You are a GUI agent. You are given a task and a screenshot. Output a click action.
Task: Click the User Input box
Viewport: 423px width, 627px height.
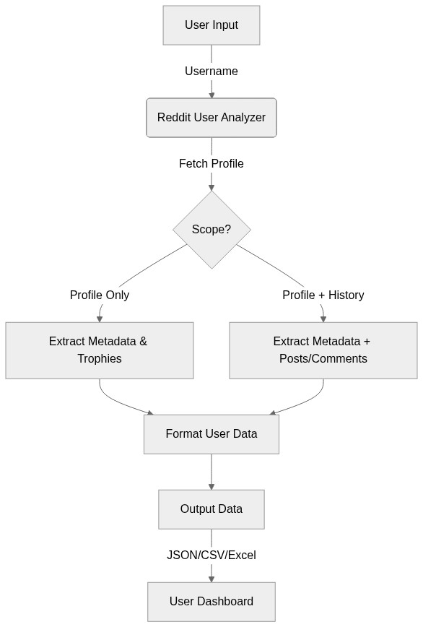211,25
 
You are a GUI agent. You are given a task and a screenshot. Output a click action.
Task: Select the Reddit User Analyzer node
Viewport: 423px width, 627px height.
211,118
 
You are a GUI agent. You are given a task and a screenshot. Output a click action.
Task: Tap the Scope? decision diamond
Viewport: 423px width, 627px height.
211,230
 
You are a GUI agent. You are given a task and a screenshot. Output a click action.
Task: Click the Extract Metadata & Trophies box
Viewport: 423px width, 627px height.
100,350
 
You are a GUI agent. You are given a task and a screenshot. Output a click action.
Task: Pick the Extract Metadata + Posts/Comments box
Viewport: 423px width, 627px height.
323,350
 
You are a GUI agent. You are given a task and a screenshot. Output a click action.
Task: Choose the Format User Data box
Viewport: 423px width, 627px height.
211,434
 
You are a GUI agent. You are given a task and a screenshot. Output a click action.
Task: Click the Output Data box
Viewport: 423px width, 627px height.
211,509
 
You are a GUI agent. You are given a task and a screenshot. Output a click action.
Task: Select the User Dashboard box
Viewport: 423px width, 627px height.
211,602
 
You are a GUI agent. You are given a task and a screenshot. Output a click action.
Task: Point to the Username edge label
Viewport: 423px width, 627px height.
211,72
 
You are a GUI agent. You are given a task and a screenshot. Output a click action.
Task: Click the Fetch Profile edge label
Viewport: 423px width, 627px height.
211,164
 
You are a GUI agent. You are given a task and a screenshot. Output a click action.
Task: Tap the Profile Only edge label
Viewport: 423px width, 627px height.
100,295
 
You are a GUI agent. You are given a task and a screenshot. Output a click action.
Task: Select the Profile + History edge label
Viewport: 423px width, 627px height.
323,295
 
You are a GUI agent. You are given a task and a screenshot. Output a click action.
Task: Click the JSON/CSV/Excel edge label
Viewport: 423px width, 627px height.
211,555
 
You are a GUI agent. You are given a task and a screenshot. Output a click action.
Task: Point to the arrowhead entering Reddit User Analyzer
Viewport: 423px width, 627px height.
211,94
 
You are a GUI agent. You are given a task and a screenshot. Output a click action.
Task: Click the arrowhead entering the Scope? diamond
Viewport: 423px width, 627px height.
211,186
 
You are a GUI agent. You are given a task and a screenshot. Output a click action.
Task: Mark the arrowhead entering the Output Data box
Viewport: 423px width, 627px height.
211,485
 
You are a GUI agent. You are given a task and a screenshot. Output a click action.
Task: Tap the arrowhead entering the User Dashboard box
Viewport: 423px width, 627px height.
211,578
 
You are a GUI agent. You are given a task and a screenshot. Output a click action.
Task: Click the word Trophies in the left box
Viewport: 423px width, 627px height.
100,359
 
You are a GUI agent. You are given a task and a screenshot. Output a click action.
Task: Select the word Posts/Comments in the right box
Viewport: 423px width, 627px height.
323,359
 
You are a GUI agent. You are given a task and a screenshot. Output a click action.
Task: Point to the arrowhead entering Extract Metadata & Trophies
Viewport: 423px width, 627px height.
100,318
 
